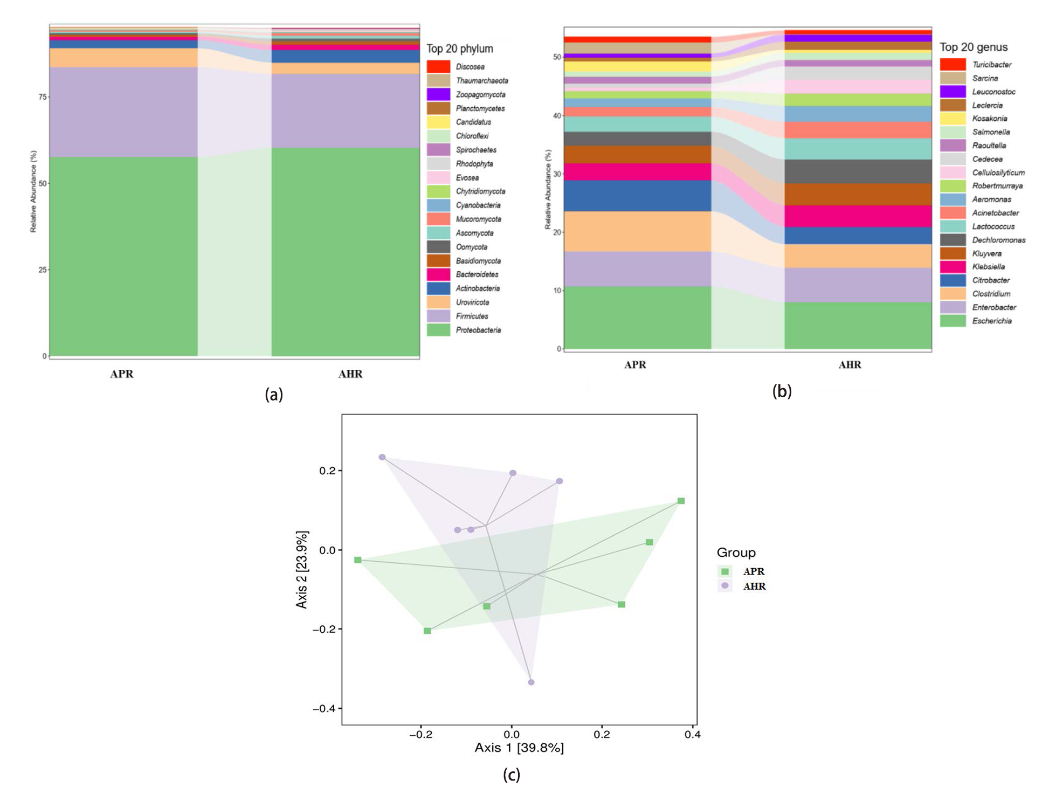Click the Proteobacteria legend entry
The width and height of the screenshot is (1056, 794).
478,330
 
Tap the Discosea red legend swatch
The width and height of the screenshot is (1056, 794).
438,66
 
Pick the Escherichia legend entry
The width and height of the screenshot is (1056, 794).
991,321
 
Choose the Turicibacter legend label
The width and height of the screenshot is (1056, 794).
991,65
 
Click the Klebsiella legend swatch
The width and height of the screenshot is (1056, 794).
953,267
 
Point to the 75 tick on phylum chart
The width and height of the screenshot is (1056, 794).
43,97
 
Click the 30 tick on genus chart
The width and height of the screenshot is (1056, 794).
557,174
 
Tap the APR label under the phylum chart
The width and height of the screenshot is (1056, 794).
122,374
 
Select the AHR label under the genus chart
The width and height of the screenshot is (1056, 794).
850,365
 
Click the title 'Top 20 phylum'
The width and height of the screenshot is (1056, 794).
460,49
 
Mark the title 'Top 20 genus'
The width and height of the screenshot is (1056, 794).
974,47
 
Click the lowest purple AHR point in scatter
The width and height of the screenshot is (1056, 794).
531,682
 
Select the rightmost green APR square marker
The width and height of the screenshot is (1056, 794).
681,501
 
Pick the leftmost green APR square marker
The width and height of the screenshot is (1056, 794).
358,560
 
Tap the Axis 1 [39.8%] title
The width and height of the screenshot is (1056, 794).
519,748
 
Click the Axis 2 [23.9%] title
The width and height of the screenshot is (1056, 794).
302,570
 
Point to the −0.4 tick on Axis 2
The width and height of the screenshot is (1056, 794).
324,708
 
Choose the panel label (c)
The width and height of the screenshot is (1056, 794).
511,775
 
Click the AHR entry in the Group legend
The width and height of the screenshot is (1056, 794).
754,586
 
